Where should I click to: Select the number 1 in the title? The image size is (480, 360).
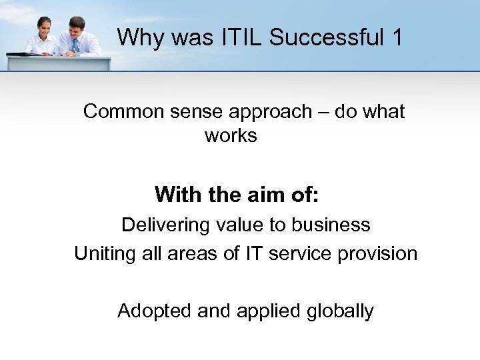point(397,37)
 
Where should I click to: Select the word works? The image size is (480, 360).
point(231,135)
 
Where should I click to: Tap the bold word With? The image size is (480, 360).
point(174,195)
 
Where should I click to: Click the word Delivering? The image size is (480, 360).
point(165,225)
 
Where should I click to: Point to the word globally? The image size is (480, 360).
point(340,311)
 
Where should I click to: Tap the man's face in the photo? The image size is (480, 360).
point(77,27)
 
